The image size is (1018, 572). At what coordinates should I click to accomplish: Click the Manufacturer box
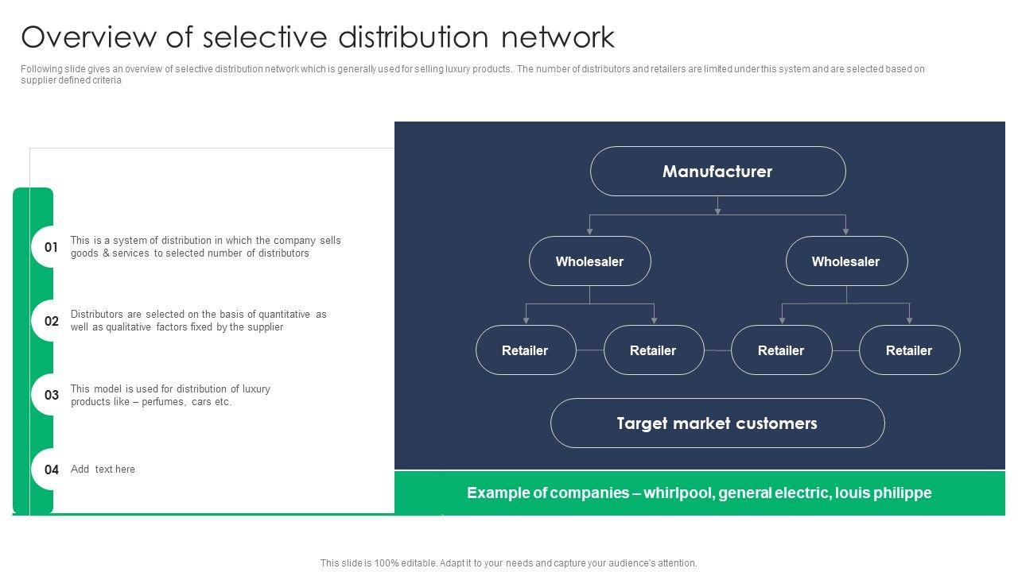coord(717,172)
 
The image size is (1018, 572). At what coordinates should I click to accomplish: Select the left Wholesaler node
coord(589,261)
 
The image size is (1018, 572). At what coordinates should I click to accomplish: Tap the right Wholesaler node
coord(846,261)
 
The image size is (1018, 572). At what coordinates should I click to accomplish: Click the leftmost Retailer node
coord(525,350)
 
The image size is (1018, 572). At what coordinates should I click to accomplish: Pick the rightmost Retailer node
coord(909,350)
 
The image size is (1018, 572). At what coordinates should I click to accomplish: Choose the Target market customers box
coord(717,423)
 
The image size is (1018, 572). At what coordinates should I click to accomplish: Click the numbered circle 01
coord(52,247)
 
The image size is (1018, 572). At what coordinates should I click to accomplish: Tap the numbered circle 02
coord(52,321)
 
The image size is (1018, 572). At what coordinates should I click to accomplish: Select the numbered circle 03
coord(52,395)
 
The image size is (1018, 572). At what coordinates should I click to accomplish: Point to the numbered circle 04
coord(52,470)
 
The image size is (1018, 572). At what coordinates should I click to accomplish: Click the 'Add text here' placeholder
coord(103,470)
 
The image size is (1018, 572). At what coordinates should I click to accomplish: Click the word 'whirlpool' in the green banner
coord(678,493)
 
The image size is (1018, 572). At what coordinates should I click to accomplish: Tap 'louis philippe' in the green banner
coord(884,493)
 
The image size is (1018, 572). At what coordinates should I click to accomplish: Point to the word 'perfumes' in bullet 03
coord(164,402)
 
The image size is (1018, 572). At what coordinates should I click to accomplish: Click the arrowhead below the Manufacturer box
coord(717,211)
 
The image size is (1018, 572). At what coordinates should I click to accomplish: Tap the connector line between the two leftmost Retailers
coord(590,350)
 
